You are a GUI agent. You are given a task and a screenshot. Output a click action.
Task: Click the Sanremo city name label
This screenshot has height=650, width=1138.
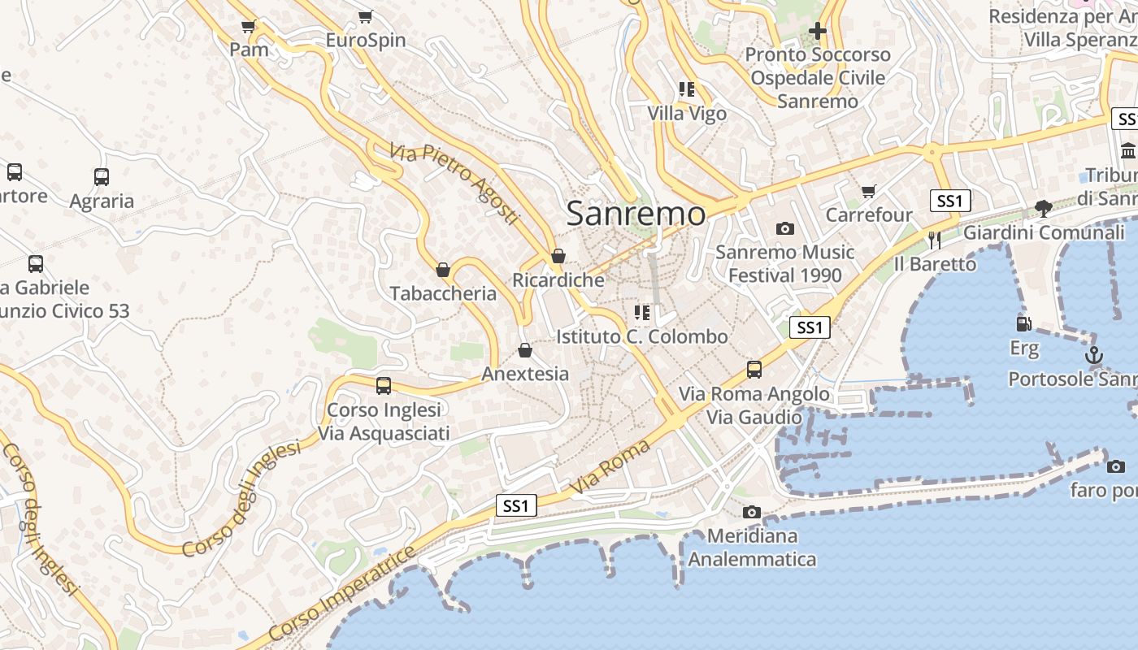click(636, 214)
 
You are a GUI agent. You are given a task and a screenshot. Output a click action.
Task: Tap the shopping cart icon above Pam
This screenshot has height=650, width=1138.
click(249, 26)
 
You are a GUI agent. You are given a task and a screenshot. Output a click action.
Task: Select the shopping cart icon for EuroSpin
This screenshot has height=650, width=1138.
click(366, 16)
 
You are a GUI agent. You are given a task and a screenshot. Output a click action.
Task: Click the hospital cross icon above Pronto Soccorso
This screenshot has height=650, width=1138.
click(818, 31)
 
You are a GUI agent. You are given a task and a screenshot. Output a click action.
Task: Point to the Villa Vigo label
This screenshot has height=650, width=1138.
click(687, 114)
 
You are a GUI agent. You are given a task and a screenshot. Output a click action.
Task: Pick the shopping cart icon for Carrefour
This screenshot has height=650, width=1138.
click(869, 192)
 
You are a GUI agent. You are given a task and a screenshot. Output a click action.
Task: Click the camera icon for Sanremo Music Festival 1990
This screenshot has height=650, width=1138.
click(784, 228)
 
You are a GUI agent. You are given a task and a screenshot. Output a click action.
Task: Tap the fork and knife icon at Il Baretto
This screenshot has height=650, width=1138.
click(934, 240)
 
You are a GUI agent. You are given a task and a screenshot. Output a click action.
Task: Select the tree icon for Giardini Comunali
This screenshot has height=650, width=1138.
click(1044, 209)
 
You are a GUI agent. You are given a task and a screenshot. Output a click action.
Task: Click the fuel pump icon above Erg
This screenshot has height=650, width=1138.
click(1024, 323)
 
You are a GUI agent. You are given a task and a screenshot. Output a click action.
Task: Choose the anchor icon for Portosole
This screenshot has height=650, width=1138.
click(1094, 355)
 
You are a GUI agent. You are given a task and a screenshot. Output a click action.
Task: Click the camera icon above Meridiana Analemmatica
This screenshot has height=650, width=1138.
click(752, 512)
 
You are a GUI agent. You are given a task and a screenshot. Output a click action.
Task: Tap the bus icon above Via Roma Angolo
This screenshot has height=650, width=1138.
click(754, 370)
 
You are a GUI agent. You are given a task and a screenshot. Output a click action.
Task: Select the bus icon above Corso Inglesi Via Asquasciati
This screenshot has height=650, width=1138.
click(384, 386)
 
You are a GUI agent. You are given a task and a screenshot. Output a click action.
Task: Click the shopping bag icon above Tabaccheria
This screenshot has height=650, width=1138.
click(443, 270)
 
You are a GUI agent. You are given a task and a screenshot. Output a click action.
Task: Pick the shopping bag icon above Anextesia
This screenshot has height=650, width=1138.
click(525, 350)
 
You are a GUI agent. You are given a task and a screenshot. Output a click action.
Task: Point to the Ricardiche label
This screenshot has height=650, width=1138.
click(558, 280)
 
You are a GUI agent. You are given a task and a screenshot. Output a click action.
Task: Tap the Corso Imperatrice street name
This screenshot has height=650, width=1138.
click(341, 594)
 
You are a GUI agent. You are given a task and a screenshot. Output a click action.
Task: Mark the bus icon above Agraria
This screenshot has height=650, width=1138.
click(102, 176)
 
